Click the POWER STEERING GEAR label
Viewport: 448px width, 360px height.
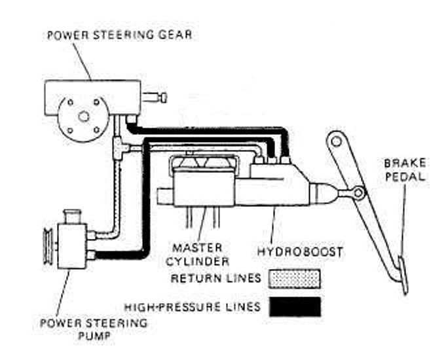pos(119,35)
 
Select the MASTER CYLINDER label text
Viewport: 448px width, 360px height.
pos(200,255)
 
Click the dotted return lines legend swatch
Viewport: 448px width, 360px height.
pos(295,279)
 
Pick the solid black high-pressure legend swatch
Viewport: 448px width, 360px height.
pos(295,306)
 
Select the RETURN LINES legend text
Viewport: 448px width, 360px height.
pos(216,279)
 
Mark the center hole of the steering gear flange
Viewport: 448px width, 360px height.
pos(83,117)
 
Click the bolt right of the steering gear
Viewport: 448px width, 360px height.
pos(157,98)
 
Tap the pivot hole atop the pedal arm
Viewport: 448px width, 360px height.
pos(335,139)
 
